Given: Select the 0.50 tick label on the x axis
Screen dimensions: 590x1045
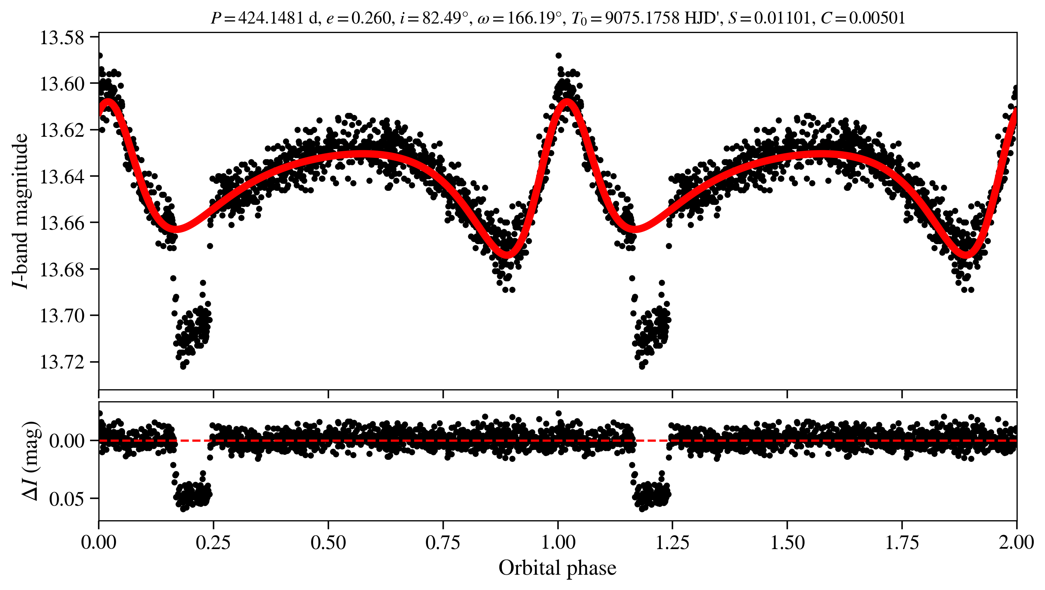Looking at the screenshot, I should click(328, 542).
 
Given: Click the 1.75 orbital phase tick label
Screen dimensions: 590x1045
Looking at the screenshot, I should click(902, 542).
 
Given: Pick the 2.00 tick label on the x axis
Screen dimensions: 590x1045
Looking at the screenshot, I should click(1016, 542).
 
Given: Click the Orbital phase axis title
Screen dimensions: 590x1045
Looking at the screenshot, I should click(558, 568).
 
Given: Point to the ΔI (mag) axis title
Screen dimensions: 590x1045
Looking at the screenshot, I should click(31, 461).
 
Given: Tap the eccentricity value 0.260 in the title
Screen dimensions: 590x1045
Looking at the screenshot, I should click(371, 18).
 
